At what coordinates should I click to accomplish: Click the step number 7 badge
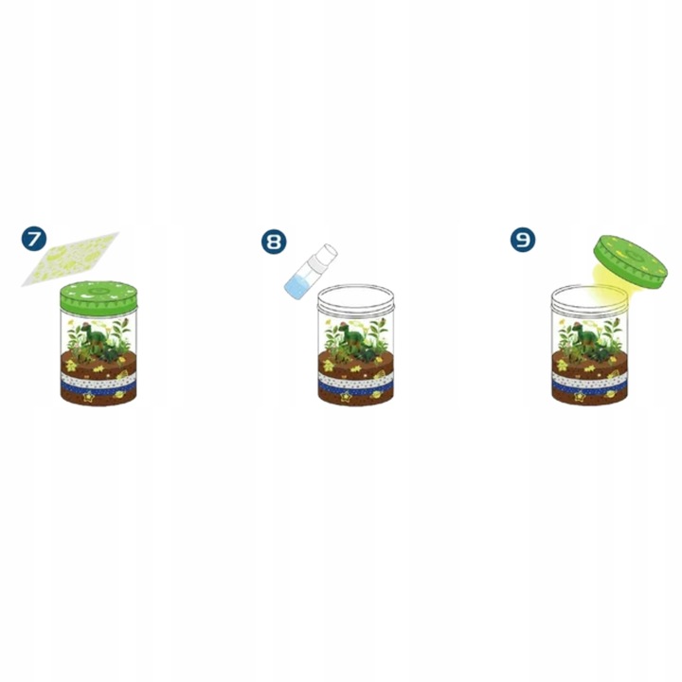pyautogui.click(x=34, y=239)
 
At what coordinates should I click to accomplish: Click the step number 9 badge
pyautogui.click(x=522, y=239)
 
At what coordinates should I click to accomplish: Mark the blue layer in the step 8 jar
pyautogui.click(x=355, y=386)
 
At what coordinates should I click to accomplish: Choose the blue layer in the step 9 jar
pyautogui.click(x=589, y=386)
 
